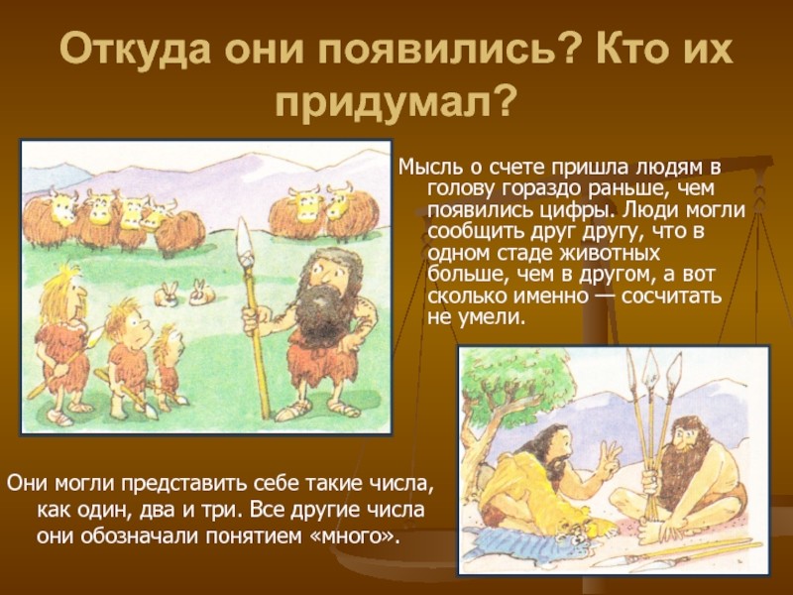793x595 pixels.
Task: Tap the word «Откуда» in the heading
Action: point(136,49)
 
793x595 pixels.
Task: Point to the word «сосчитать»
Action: point(671,295)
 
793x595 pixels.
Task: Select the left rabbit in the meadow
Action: point(167,295)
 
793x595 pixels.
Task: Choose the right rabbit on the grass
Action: point(201,293)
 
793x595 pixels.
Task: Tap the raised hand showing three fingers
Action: point(610,456)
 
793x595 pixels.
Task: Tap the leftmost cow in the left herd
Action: point(49,216)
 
